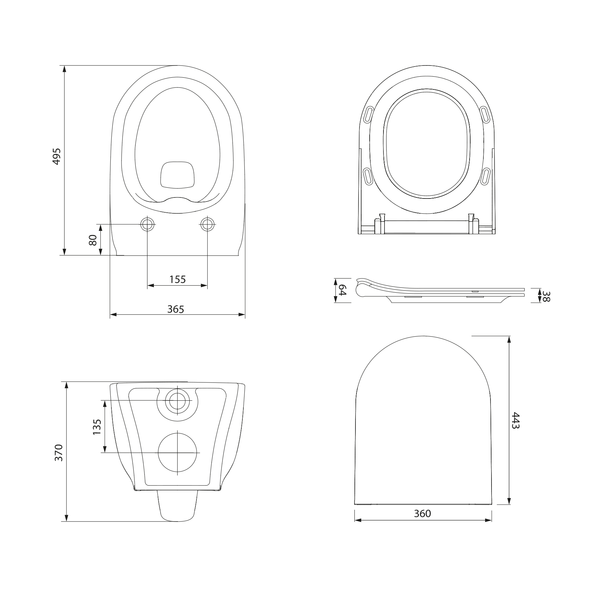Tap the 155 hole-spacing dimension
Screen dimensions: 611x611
click(x=177, y=279)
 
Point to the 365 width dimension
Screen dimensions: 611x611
click(x=176, y=309)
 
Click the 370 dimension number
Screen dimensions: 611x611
click(x=59, y=453)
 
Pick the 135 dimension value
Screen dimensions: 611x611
click(x=97, y=427)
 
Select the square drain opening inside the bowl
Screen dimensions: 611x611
click(x=178, y=174)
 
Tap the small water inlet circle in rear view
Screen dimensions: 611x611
click(x=178, y=401)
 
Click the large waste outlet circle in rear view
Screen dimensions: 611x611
click(x=178, y=452)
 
